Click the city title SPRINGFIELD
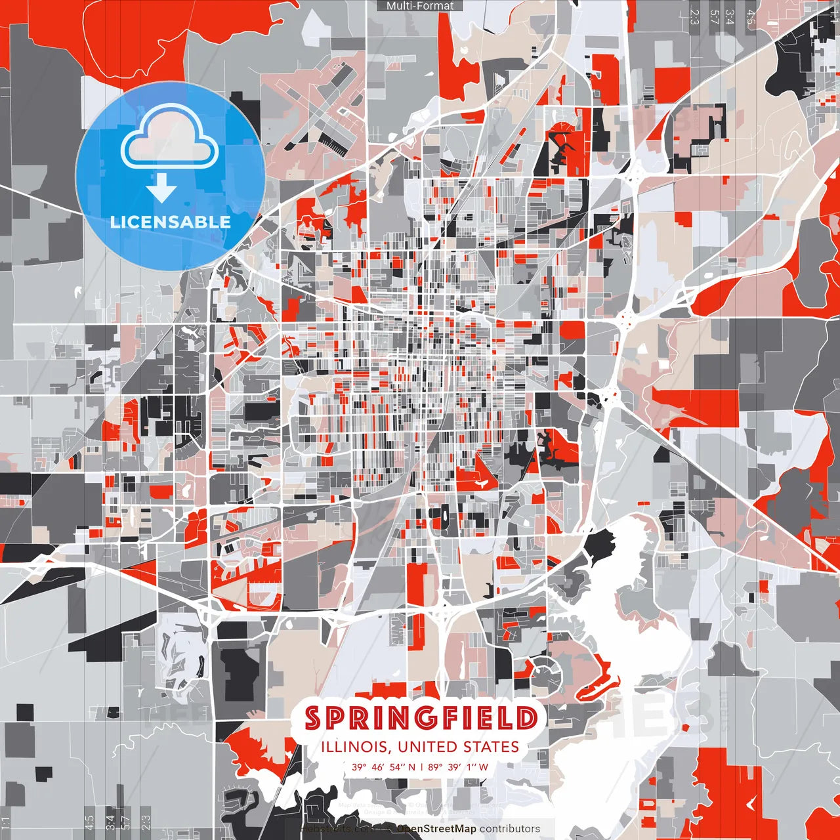pyautogui.click(x=421, y=718)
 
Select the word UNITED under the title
pyautogui.click(x=428, y=747)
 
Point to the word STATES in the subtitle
pyautogui.click(x=492, y=747)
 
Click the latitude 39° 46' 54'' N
pyautogui.click(x=383, y=766)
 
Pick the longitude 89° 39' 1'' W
pyautogui.click(x=459, y=766)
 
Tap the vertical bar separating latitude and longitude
pyautogui.click(x=421, y=766)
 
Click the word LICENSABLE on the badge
pyautogui.click(x=170, y=222)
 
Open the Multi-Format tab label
pyautogui.click(x=420, y=6)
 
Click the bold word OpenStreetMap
pyautogui.click(x=436, y=829)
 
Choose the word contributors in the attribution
pyautogui.click(x=509, y=829)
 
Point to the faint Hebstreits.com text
pyautogui.click(x=331, y=829)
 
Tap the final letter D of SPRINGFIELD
pyautogui.click(x=526, y=718)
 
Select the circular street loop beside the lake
pyautogui.click(x=545, y=673)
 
